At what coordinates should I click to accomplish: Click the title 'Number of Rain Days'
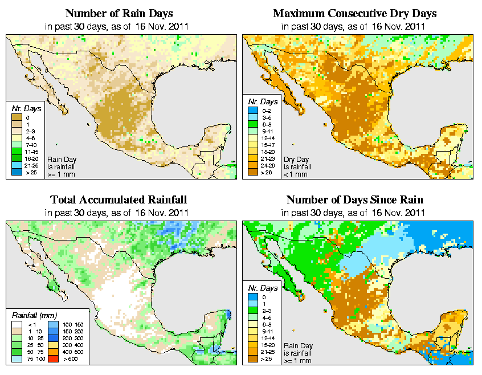coord(120,13)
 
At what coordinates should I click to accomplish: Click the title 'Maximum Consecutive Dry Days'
coord(355,13)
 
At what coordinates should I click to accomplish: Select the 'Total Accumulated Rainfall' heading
coord(119,200)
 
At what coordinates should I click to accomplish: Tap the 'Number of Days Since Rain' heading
coord(355,200)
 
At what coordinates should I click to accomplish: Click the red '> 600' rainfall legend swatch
coord(52,359)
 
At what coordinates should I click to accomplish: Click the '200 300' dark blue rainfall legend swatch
coord(52,338)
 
